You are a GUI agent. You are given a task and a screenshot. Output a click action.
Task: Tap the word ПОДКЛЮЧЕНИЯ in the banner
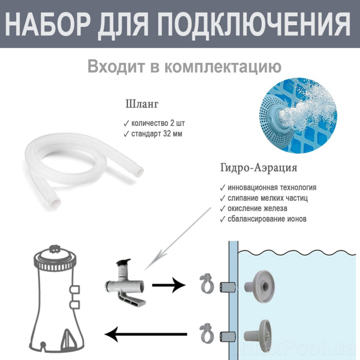254,24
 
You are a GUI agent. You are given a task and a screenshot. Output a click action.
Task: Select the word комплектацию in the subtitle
223,67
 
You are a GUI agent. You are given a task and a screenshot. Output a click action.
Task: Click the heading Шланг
142,104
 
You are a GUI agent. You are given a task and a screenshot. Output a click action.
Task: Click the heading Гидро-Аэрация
259,168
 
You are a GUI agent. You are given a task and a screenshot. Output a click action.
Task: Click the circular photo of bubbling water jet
298,116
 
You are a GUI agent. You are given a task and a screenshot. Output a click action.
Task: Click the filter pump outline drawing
57,298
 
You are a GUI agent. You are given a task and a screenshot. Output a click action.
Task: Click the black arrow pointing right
169,285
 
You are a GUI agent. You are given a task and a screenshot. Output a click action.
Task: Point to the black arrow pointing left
146,334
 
